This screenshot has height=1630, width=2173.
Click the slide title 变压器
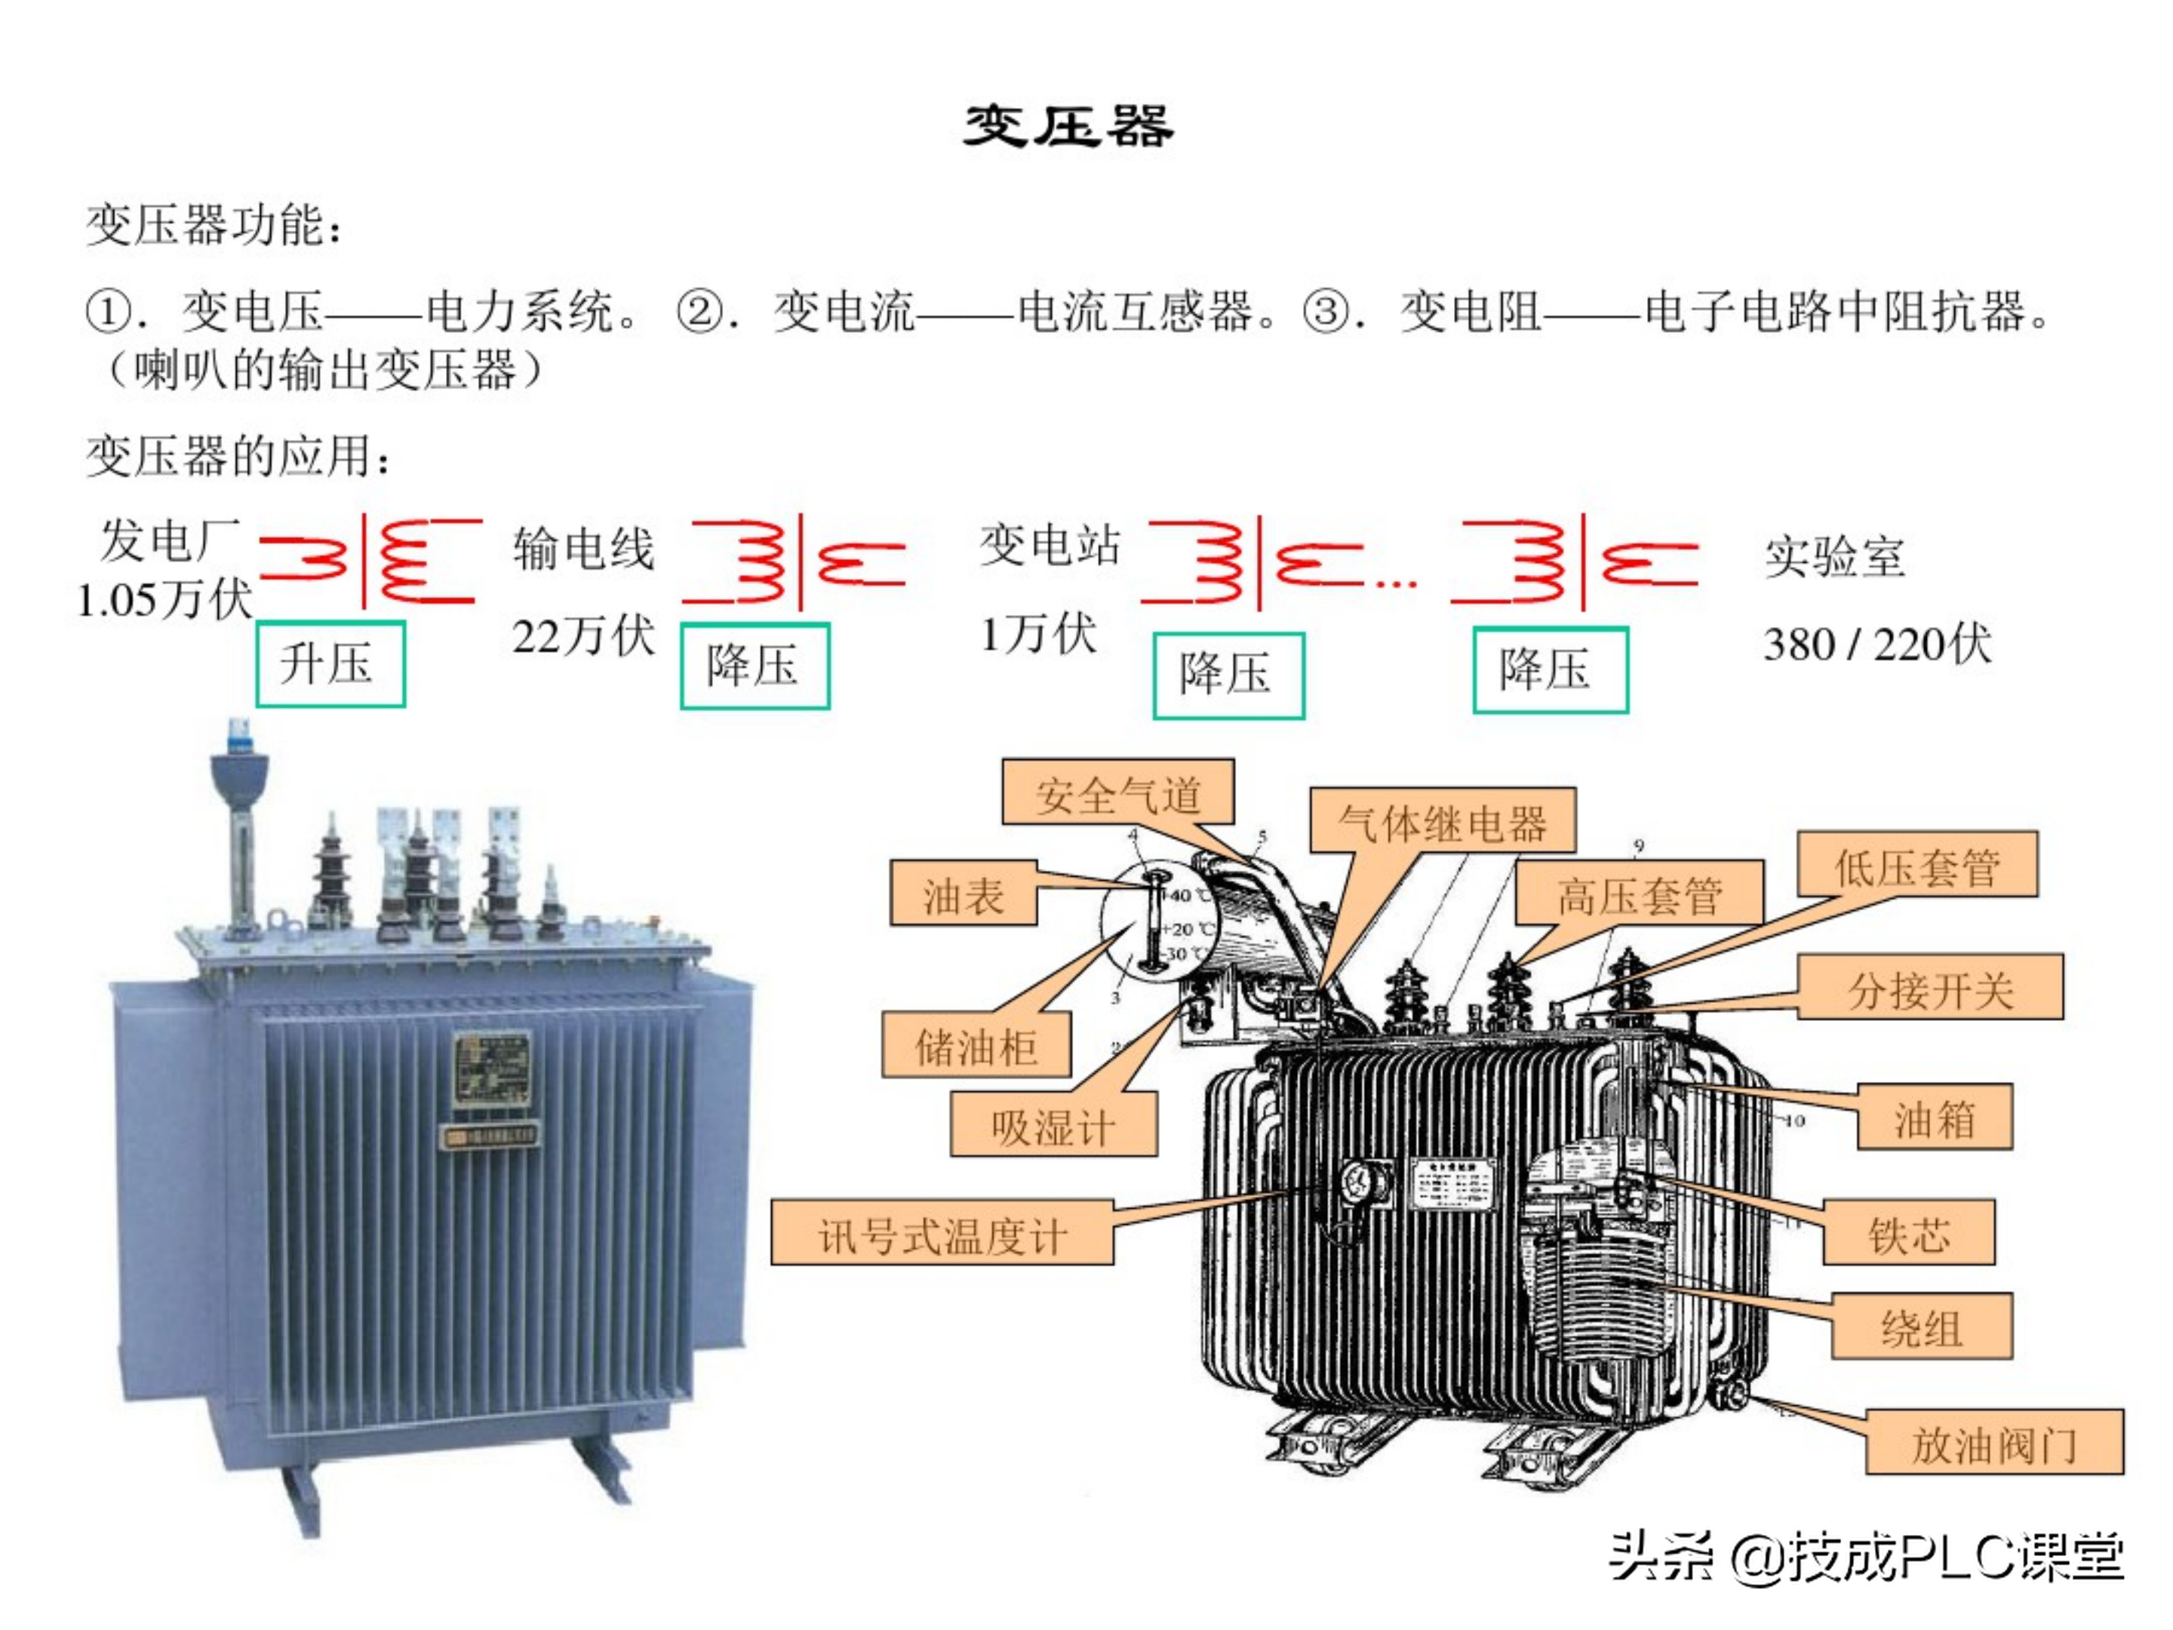(1068, 127)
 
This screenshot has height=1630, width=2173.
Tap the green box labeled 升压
(330, 663)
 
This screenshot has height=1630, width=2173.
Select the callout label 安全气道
(1118, 793)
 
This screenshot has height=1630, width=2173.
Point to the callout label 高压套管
(1639, 894)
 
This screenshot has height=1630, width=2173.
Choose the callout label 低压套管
(1916, 866)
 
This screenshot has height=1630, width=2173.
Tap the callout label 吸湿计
(1053, 1126)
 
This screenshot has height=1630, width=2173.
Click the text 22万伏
(583, 635)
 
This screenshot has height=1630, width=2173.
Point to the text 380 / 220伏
(1877, 644)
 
